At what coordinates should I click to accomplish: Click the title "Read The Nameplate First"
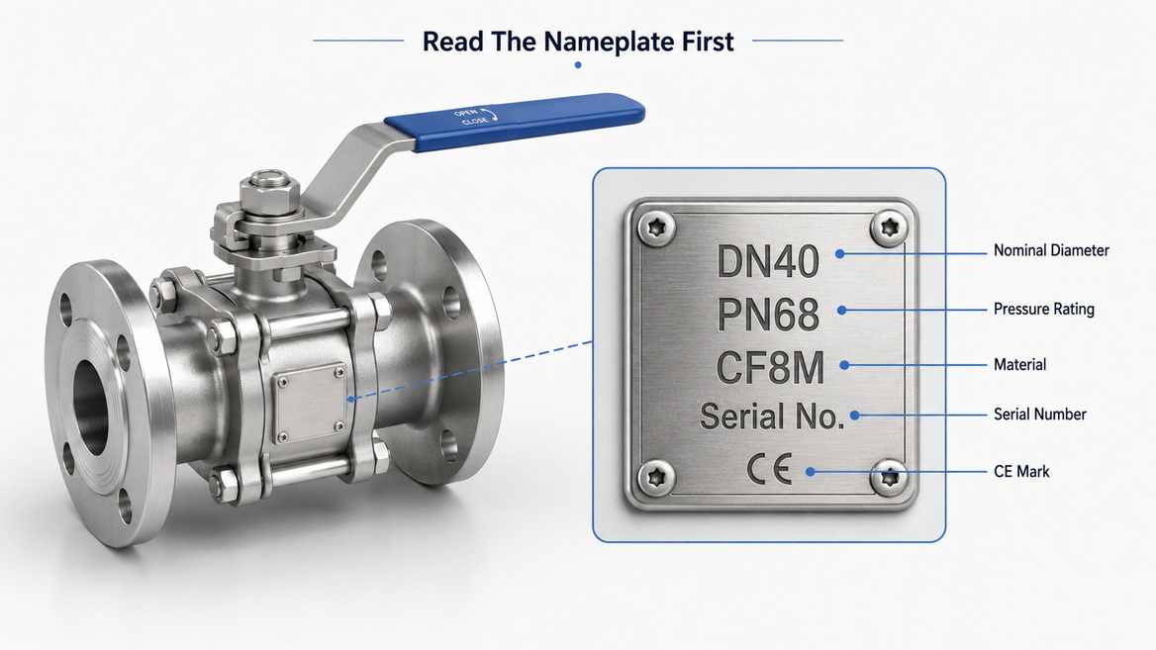coord(578,42)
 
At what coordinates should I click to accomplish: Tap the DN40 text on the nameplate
coord(767,261)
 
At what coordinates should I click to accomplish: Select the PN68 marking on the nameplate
coord(767,315)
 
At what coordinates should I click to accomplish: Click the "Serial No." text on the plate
coord(772,417)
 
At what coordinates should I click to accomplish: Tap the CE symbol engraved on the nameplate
coord(769,469)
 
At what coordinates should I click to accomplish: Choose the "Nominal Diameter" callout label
coord(1051,250)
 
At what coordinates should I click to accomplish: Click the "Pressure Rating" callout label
coord(1044,309)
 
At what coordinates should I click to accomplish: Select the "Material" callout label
coord(1019,364)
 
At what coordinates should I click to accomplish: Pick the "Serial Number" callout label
coord(1040,415)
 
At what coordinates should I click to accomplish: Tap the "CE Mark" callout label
coord(1021,472)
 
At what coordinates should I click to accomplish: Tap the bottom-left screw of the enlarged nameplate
coord(656,478)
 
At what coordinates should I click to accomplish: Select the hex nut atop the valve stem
coord(270,194)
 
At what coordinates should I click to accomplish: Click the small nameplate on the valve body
coord(310,403)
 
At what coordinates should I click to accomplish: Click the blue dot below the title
coord(578,65)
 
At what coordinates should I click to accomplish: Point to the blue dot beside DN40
coord(839,253)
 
